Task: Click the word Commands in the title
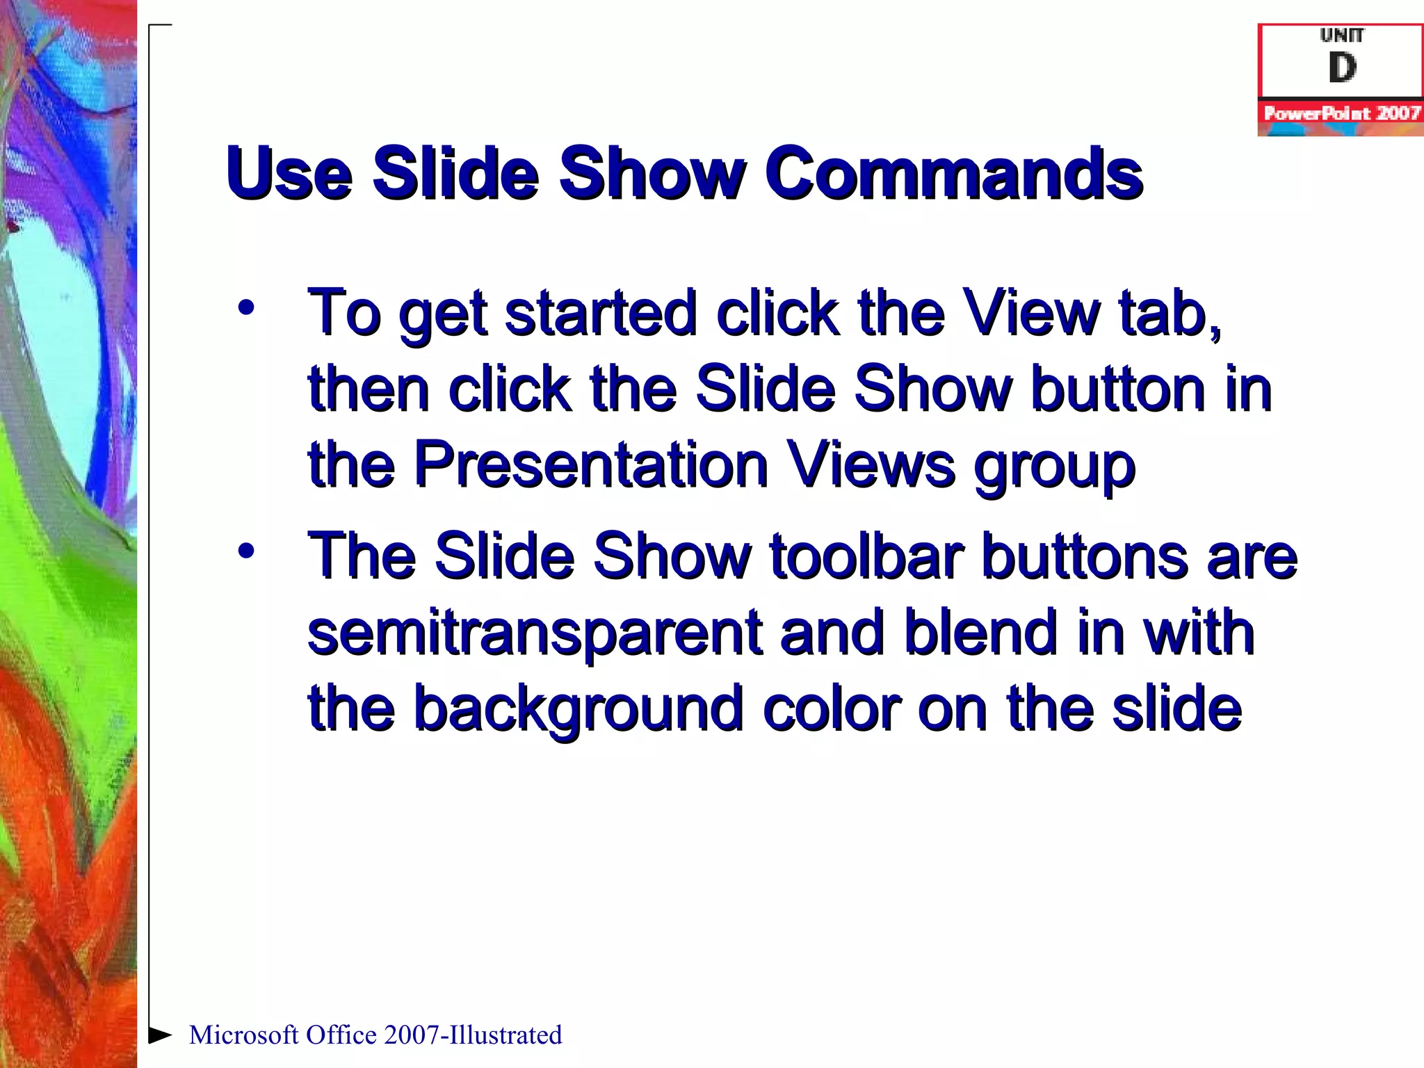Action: [954, 174]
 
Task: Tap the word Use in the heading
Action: [289, 174]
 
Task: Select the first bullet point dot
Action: [245, 307]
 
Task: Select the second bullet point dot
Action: [245, 551]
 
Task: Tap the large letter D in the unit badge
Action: [1341, 68]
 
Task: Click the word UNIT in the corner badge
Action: [1341, 35]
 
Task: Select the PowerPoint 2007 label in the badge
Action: [1341, 113]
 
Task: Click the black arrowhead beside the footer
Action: [160, 1035]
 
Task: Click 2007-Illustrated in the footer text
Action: [473, 1035]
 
